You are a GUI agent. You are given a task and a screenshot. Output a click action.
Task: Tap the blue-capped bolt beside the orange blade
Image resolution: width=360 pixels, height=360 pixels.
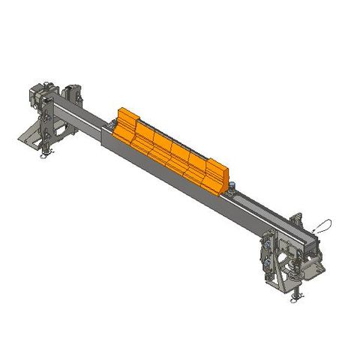(235, 186)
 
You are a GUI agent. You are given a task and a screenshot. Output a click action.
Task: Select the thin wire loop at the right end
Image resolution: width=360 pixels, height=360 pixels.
(323, 224)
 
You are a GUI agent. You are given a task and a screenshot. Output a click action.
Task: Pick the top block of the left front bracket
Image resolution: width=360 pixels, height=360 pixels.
(41, 94)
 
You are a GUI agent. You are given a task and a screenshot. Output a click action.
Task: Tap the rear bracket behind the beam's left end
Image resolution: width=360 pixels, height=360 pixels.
(73, 94)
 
